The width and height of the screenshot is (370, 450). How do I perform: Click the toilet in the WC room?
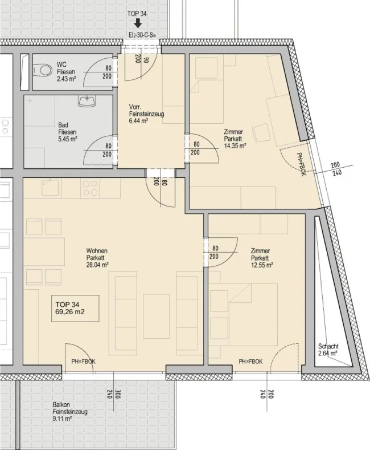point(41,70)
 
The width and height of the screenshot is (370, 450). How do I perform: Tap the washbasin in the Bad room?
point(87,102)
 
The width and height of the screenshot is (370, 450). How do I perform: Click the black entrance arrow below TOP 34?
point(138,23)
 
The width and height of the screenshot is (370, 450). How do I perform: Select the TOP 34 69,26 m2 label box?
point(75,308)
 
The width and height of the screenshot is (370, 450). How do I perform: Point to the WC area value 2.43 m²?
point(66,79)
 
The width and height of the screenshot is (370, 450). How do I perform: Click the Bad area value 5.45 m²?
point(68,139)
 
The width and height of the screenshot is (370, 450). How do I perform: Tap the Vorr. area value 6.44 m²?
point(138,121)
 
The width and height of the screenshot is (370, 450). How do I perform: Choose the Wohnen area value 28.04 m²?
point(97,265)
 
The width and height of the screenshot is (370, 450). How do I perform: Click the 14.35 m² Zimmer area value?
point(235,146)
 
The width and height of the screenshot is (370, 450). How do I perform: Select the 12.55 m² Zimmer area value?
point(262,265)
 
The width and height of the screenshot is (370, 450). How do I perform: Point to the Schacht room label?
point(328,346)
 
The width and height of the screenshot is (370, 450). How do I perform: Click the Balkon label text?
point(61,404)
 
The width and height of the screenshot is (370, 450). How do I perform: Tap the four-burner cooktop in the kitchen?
point(90,188)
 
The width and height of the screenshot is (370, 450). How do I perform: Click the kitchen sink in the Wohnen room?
point(51,188)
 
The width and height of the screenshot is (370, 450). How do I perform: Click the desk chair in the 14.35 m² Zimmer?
point(261,132)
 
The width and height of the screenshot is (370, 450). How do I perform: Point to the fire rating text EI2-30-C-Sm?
point(142,35)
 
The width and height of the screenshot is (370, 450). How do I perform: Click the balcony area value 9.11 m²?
point(62,419)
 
